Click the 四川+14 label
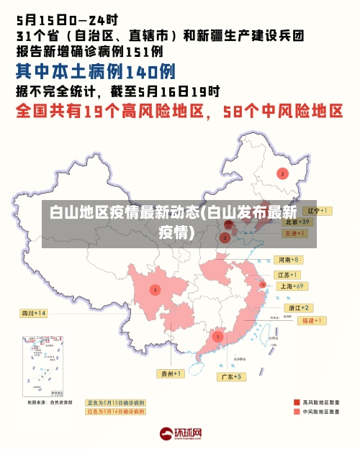coord(33,313)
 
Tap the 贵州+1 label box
coord(172,373)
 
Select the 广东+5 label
coord(232,376)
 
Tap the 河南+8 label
coord(288,259)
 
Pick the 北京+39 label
coord(297,222)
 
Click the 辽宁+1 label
coord(316,211)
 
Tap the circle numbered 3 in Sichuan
coord(154,289)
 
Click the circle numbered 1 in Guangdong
coord(217,336)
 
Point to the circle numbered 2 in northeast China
coord(282,173)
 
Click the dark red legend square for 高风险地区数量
coord(297,402)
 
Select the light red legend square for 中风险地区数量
coord(297,412)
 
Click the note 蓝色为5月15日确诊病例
coord(115,403)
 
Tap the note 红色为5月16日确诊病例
coord(115,412)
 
